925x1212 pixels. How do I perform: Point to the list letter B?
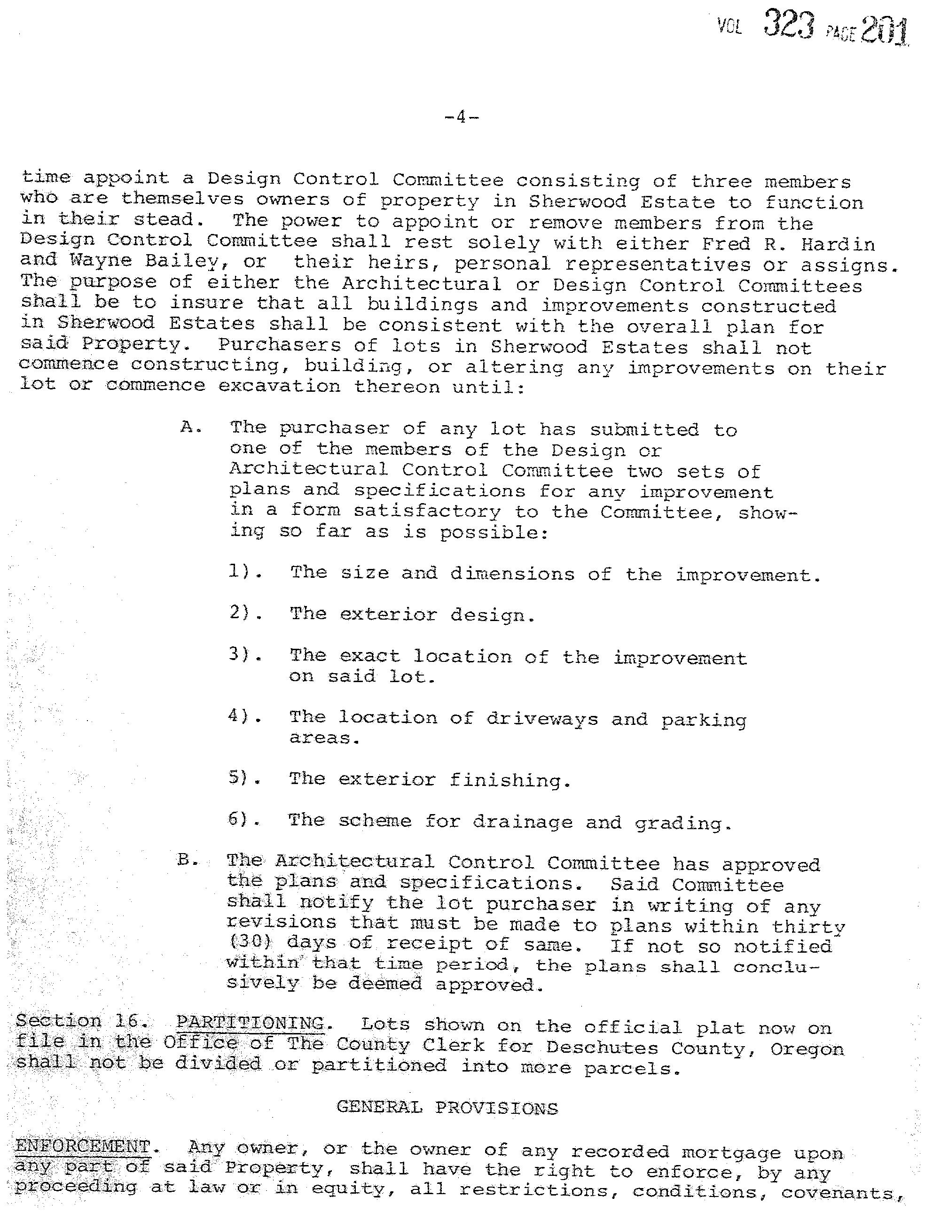(187, 860)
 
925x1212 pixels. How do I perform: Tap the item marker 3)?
(244, 655)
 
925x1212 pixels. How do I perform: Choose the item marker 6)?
(243, 819)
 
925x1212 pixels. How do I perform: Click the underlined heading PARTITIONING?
(250, 1023)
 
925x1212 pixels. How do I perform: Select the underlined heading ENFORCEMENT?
(83, 1146)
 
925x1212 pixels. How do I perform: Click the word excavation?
(279, 386)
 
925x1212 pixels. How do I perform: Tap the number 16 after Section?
(129, 1022)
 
